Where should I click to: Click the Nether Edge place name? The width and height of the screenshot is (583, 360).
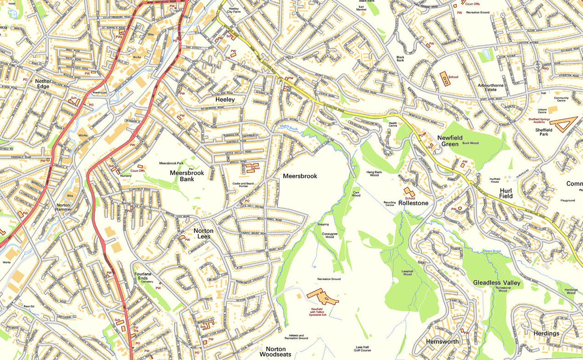pyautogui.click(x=43, y=84)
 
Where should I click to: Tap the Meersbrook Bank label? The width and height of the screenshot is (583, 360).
pyautogui.click(x=187, y=176)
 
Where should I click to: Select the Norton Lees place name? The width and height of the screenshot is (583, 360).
pyautogui.click(x=203, y=233)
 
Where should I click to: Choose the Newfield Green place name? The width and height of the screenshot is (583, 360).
pyautogui.click(x=450, y=141)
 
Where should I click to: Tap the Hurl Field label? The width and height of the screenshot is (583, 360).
pyautogui.click(x=506, y=193)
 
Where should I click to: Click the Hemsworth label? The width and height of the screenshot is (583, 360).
pyautogui.click(x=442, y=342)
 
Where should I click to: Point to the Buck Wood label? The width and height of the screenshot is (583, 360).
pyautogui.click(x=470, y=143)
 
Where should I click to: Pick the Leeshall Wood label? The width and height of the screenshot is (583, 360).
pyautogui.click(x=408, y=273)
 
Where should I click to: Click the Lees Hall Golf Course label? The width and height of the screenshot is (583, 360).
pyautogui.click(x=363, y=349)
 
